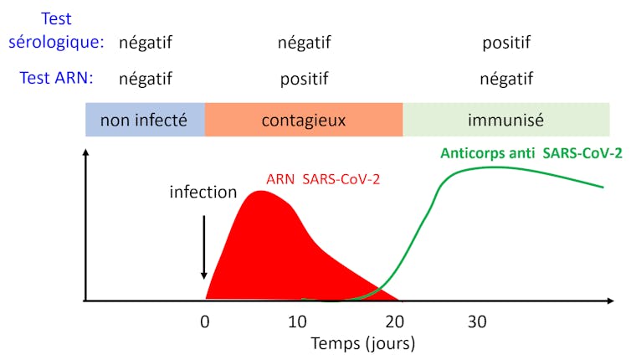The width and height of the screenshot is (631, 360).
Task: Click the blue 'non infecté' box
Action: (x=144, y=120)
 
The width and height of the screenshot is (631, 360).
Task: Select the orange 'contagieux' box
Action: (x=303, y=120)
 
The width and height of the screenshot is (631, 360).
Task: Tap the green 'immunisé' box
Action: (x=506, y=120)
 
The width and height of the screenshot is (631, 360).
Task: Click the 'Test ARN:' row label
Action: (x=56, y=79)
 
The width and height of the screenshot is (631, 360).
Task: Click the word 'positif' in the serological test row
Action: (x=506, y=42)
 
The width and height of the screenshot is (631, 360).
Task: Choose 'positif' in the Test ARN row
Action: (x=304, y=80)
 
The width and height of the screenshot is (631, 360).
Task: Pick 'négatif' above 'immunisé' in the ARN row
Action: (x=506, y=80)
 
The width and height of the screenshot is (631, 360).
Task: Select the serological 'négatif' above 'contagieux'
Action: (x=304, y=42)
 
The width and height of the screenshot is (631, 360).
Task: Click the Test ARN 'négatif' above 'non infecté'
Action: (x=145, y=80)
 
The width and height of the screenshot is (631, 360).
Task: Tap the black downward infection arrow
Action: (x=203, y=247)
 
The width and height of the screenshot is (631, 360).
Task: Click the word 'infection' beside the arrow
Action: (x=203, y=192)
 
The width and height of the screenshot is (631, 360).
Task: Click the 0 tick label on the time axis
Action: (x=204, y=321)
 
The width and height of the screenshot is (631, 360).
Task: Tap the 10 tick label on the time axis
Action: (x=297, y=321)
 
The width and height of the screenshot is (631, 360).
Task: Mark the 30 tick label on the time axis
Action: (x=477, y=321)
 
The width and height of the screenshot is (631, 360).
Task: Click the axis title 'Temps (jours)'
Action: (x=362, y=343)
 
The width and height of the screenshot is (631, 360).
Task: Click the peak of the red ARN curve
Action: (x=260, y=193)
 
